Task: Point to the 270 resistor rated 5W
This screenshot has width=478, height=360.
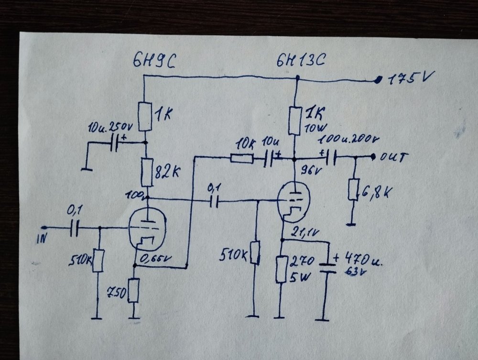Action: [282, 270]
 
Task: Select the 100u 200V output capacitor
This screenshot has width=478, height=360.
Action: [330, 157]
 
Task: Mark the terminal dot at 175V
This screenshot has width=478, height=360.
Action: [379, 80]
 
